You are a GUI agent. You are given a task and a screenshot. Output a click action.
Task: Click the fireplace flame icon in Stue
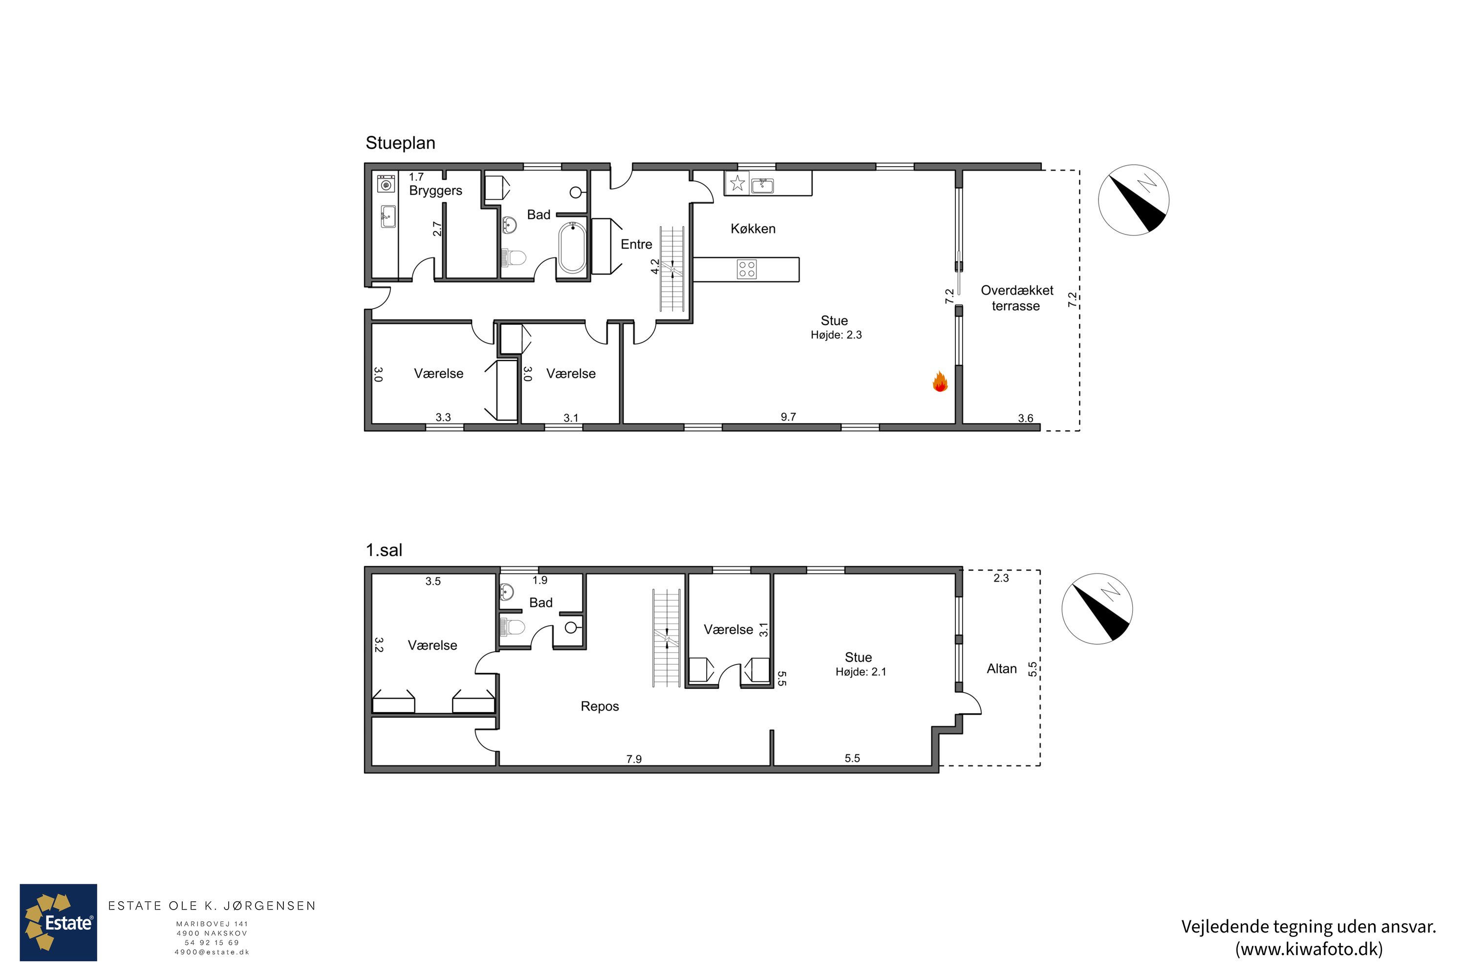coord(940,382)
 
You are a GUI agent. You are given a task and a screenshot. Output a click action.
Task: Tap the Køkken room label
coord(753,229)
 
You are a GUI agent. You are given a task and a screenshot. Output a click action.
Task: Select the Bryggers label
coord(436,191)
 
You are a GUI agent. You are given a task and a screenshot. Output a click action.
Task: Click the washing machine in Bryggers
coord(387,185)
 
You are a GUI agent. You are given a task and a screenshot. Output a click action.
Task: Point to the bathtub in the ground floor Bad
coord(572,248)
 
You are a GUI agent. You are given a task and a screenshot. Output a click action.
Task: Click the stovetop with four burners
coord(747,269)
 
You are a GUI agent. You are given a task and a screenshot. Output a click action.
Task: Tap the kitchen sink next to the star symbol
coord(762,185)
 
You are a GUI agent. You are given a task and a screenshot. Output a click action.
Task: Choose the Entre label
coord(636,244)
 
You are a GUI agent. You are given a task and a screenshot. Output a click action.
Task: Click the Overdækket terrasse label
coord(1016,298)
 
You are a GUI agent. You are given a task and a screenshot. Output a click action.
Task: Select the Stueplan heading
coord(400,143)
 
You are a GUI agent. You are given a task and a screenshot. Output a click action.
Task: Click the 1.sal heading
coord(384,550)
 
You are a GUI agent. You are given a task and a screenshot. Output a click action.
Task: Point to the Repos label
coord(600,706)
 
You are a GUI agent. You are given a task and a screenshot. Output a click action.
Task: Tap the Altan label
coord(1002,669)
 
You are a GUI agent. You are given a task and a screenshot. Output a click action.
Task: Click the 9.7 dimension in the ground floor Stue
coord(789,417)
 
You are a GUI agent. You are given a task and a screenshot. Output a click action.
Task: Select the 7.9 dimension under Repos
coord(634,759)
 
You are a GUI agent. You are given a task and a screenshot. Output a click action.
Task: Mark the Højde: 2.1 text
coord(861,672)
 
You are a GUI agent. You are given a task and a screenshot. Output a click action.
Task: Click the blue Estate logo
coord(59,922)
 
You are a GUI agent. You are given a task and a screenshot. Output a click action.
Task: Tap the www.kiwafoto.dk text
coord(1309,949)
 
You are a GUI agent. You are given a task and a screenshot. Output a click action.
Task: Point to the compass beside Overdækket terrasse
coord(1133,200)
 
